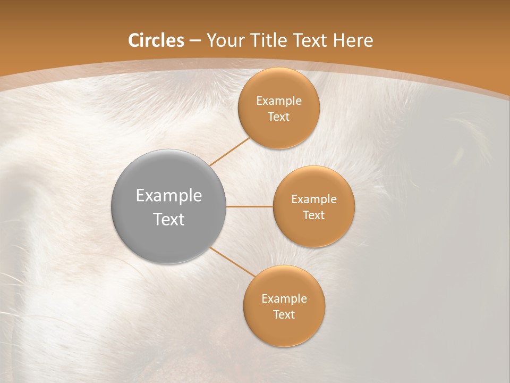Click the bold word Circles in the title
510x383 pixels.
(156, 40)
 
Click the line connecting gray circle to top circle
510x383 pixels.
(229, 151)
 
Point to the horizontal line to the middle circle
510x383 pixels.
(249, 206)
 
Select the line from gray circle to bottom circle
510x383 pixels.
(232, 261)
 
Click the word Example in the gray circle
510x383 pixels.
(168, 196)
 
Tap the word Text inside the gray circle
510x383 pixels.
(168, 219)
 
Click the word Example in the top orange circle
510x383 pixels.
(278, 101)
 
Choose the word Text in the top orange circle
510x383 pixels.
(278, 117)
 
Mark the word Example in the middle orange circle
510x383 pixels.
(313, 199)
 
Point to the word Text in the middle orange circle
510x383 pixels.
(313, 215)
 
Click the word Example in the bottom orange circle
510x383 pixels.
(284, 299)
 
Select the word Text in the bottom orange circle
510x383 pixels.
(284, 315)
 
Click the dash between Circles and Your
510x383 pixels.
(195, 40)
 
